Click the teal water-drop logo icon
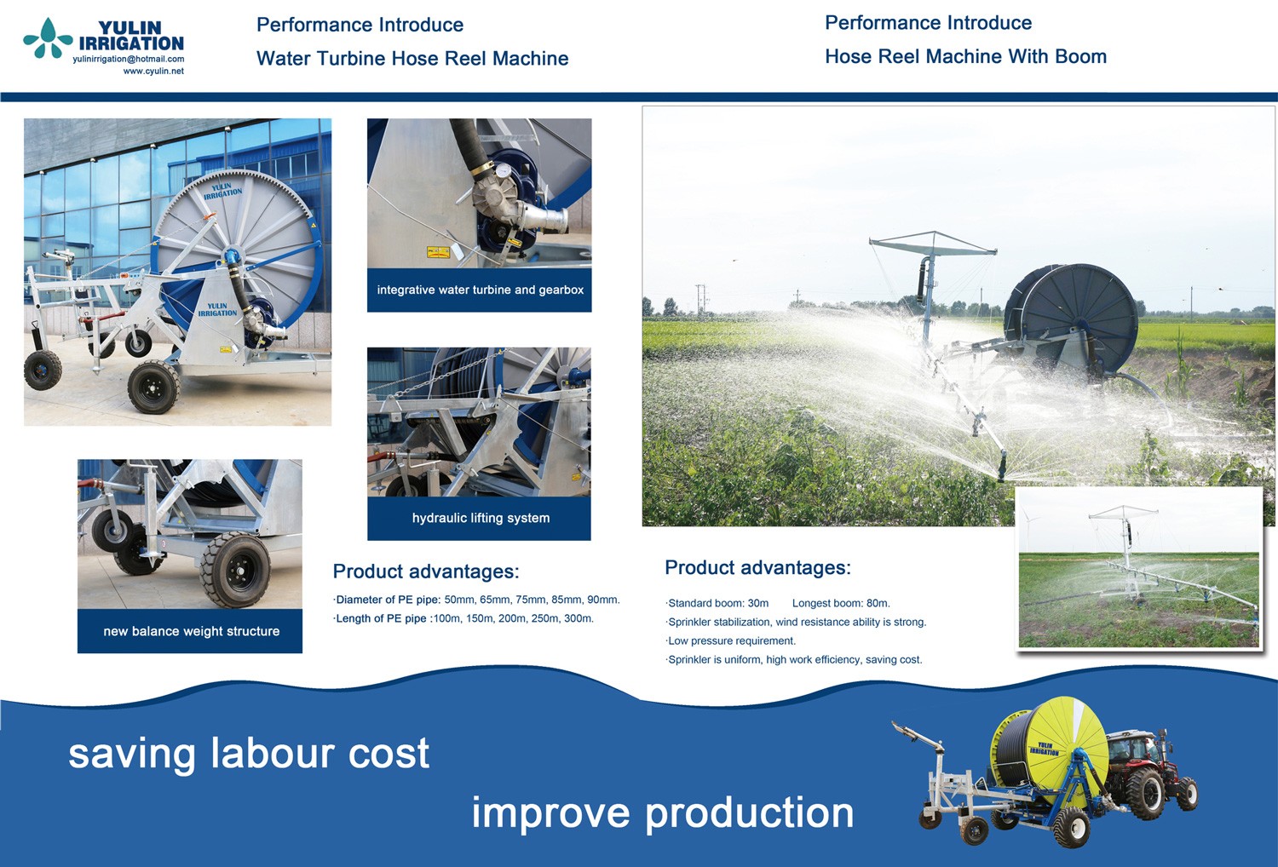[48, 38]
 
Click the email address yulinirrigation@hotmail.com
[129, 60]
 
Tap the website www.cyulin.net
[153, 72]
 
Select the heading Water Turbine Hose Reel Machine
[412, 58]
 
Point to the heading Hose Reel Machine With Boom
[966, 56]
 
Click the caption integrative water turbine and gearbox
[480, 290]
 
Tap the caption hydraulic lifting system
[481, 518]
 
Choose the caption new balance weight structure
[192, 631]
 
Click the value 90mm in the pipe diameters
[603, 600]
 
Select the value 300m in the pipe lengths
[579, 618]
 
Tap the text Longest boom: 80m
[841, 603]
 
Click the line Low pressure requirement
[731, 640]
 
